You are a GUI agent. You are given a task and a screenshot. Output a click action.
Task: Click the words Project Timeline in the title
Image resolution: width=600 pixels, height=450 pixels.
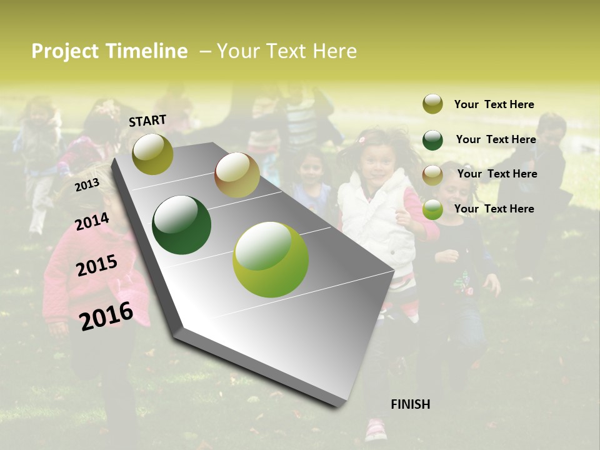click(109, 51)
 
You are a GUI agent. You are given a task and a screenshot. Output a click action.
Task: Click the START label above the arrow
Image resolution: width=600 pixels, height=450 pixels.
click(147, 121)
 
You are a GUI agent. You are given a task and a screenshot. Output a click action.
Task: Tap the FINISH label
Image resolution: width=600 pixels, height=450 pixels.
click(410, 404)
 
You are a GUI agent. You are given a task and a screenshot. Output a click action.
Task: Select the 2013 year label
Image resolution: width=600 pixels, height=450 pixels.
click(87, 185)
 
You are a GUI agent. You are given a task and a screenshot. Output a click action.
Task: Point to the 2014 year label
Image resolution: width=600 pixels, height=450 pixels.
click(92, 222)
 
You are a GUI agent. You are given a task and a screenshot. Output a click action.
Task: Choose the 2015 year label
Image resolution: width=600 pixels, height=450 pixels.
click(97, 266)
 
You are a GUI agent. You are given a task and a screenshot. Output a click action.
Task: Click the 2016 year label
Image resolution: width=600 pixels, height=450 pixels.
click(106, 316)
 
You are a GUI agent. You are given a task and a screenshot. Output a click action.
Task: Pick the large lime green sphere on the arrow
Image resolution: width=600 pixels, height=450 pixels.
click(271, 259)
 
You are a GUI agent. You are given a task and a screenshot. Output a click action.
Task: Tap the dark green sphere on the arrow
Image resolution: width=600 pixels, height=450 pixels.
click(182, 225)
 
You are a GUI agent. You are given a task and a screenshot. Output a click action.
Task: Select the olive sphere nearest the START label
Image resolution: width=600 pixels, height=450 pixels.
click(153, 154)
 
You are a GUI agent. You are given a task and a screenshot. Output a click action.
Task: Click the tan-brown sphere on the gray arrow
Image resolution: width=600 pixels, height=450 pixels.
click(237, 175)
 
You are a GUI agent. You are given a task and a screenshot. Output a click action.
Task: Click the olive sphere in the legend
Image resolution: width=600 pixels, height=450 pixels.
click(432, 104)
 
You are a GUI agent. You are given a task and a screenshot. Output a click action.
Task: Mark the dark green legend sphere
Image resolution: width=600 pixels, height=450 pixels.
click(432, 139)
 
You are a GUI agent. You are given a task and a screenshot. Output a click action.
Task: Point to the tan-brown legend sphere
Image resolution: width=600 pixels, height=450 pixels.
click(432, 174)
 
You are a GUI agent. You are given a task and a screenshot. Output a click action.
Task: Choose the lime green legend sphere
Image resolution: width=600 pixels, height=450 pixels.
click(432, 209)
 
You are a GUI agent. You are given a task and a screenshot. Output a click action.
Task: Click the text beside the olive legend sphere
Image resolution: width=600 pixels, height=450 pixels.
click(494, 104)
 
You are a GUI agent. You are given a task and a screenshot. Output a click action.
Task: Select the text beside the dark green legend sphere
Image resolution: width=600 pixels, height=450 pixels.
click(496, 139)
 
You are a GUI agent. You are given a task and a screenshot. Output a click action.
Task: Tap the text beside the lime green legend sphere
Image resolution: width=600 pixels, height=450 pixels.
click(494, 209)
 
